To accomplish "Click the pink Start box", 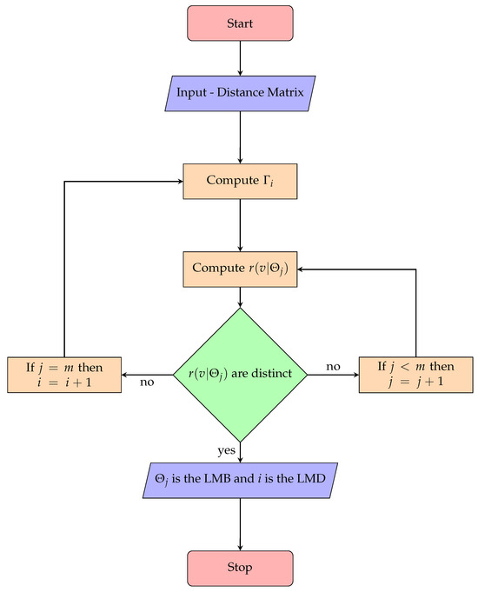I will coord(239,23).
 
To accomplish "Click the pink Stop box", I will coord(239,568).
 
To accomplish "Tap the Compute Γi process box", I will coord(239,181).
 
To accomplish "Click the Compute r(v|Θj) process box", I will coord(239,269).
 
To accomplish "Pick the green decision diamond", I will coord(239,375).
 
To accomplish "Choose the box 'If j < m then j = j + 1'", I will coord(415,375).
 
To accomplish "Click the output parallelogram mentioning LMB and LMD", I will coord(239,480).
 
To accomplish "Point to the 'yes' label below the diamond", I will coord(227,449).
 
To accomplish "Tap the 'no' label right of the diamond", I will coord(332,367).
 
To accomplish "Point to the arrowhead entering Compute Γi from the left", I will coord(177,181).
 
